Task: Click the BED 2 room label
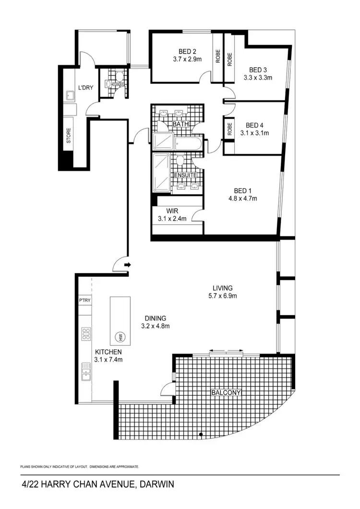point(188,51)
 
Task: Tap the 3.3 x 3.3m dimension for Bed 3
point(258,78)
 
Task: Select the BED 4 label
point(254,124)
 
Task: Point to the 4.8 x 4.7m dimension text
point(242,198)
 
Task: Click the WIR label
point(172,211)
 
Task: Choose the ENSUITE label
point(185,176)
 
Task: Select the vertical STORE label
point(68,136)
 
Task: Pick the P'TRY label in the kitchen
point(85,301)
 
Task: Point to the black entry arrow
point(127,264)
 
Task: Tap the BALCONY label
point(226,393)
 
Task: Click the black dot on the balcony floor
point(201,435)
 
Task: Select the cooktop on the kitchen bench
point(86,334)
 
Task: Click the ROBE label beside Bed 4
point(229,129)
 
